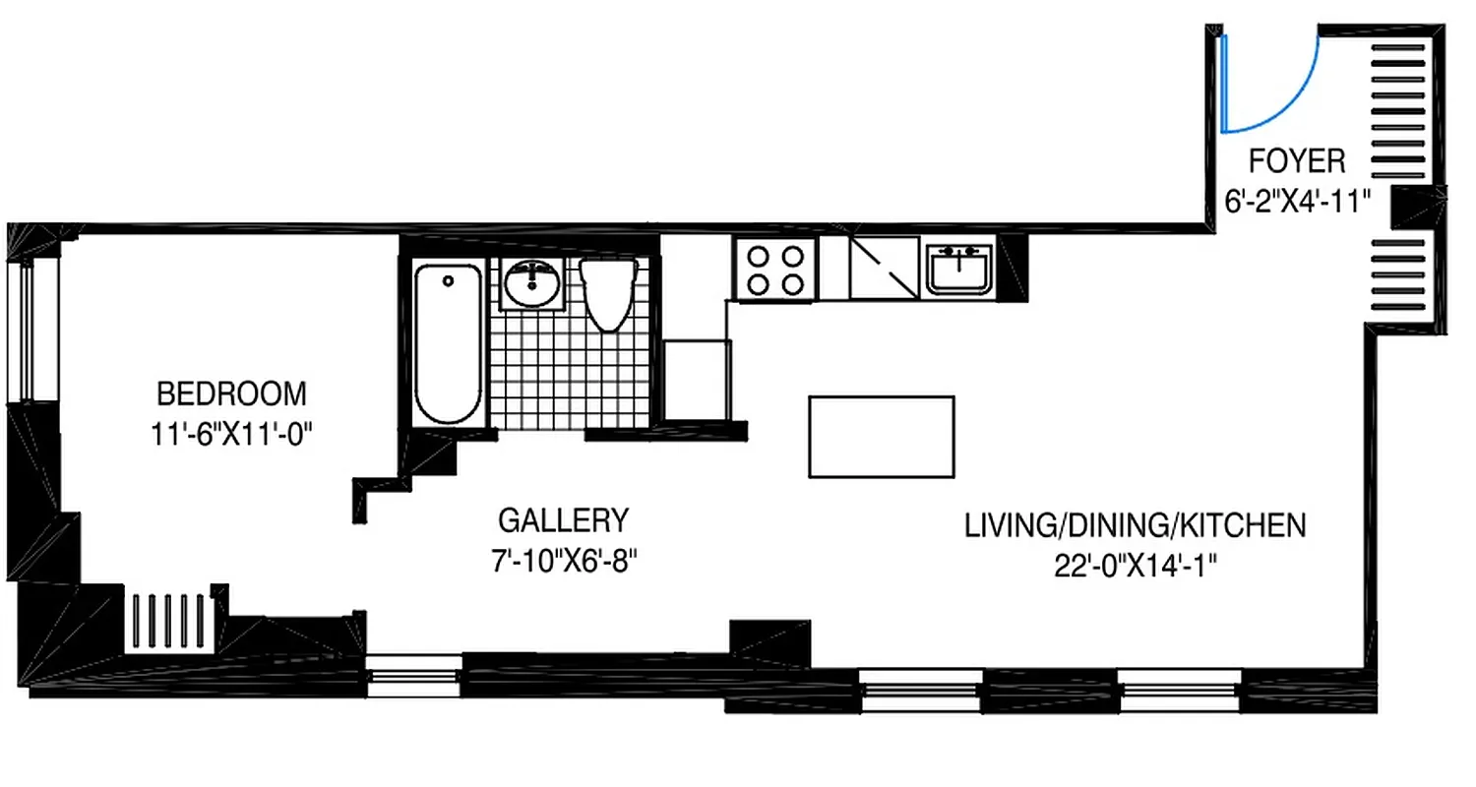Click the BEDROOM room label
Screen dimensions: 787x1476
pyautogui.click(x=231, y=394)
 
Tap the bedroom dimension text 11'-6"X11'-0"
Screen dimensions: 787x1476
pyautogui.click(x=231, y=434)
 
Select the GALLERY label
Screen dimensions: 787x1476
pyautogui.click(x=562, y=519)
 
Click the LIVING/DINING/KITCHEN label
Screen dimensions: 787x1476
pyautogui.click(x=1135, y=525)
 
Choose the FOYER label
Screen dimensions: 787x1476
pyautogui.click(x=1296, y=159)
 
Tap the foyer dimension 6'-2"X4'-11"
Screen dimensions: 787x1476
pyautogui.click(x=1296, y=203)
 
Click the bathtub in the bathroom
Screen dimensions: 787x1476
pyautogui.click(x=449, y=344)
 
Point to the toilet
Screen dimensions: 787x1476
pyautogui.click(x=608, y=292)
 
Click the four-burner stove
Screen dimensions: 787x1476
pyautogui.click(x=774, y=270)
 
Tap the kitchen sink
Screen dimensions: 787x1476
pyautogui.click(x=959, y=269)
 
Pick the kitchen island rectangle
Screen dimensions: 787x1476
pyautogui.click(x=881, y=437)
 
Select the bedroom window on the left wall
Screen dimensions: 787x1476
pyautogui.click(x=27, y=330)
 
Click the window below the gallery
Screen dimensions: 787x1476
pyautogui.click(x=413, y=676)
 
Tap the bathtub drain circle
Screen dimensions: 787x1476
pyautogui.click(x=449, y=281)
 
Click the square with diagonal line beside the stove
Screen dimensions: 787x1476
pyautogui.click(x=885, y=269)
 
